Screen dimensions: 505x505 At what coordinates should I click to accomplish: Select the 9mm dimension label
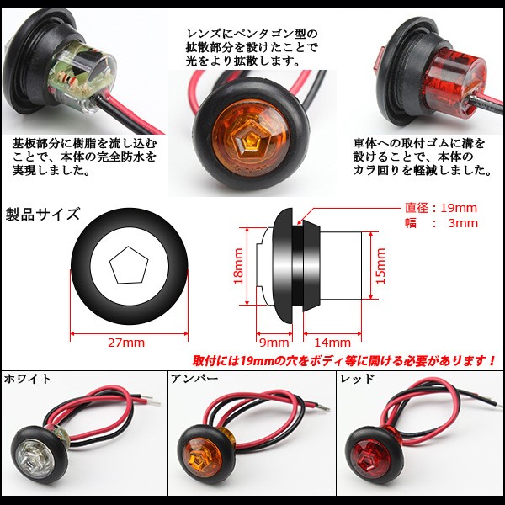[x=275, y=342]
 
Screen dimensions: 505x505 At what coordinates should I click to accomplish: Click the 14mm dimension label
[x=333, y=342]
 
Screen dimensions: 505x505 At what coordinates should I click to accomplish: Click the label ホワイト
[x=28, y=380]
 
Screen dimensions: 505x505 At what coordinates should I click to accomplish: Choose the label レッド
[x=356, y=380]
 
